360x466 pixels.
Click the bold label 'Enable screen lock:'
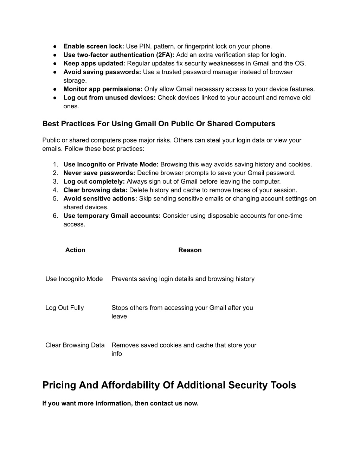point(94,46)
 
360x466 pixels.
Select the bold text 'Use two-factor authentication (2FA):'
point(119,55)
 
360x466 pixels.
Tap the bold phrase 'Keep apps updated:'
point(94,64)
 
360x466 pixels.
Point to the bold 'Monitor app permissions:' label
point(103,89)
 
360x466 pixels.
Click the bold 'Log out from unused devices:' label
point(109,98)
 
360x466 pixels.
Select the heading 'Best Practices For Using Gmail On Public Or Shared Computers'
point(159,124)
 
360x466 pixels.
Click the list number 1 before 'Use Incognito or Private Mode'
point(56,165)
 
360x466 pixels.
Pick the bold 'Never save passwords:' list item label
point(99,173)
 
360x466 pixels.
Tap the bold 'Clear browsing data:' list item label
point(95,190)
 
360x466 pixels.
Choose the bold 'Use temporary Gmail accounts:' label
point(112,216)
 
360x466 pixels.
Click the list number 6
point(56,216)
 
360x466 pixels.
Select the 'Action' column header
point(75,250)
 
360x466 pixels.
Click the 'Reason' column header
point(190,250)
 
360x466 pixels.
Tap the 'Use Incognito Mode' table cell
point(74,279)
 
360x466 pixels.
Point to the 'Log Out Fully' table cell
point(65,308)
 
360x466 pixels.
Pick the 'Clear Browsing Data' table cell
point(75,345)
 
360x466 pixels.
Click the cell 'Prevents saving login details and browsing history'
point(183,279)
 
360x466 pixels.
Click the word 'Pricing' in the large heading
point(59,385)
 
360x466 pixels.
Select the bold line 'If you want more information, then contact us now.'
point(120,403)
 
